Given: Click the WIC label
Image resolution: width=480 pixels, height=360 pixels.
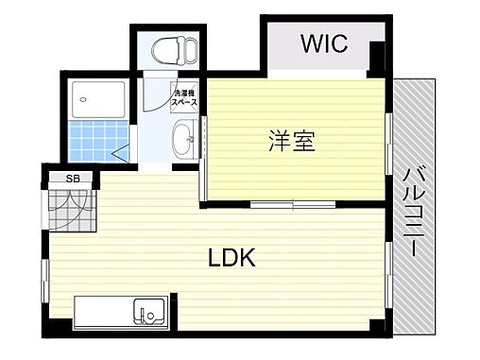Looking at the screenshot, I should (x=324, y=43).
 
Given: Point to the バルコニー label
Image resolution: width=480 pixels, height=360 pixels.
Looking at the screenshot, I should (x=413, y=211).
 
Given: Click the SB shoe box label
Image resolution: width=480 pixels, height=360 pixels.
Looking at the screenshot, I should (x=72, y=178).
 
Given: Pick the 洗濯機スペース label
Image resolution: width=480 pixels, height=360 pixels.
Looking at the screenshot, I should (x=182, y=97).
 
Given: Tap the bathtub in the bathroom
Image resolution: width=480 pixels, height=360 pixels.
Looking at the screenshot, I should (x=98, y=96).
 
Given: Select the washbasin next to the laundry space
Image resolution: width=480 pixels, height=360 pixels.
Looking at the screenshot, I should (x=184, y=141).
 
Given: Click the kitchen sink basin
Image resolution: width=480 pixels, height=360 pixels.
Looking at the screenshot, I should (x=148, y=310).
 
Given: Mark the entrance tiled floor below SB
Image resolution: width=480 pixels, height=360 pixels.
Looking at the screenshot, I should (x=72, y=208).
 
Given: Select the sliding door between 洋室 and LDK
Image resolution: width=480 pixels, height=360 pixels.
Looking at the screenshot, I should (x=293, y=205).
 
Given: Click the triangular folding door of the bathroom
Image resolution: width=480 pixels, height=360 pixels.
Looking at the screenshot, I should (x=121, y=149).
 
